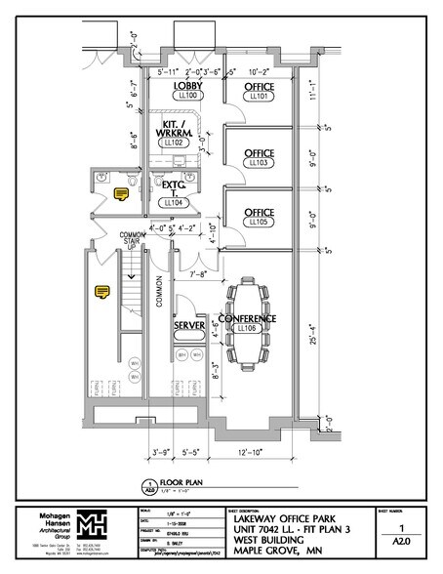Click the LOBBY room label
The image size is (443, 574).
[188, 86]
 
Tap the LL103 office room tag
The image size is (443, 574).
[259, 162]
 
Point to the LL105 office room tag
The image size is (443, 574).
[259, 222]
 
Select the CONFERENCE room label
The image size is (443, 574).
[247, 319]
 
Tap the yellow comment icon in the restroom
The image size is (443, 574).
[122, 193]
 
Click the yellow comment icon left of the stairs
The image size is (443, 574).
[101, 290]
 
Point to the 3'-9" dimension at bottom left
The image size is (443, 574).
[162, 453]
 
